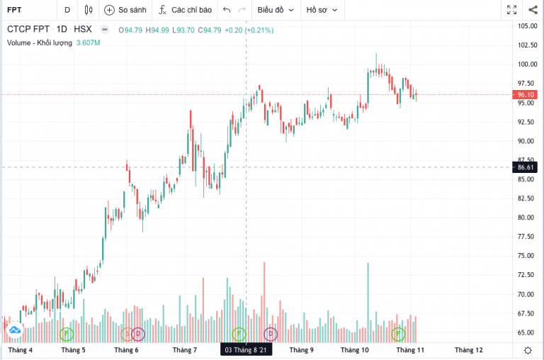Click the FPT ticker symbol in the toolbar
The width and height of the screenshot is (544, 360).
coord(14,10)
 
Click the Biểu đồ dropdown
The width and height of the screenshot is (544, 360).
coord(276,10)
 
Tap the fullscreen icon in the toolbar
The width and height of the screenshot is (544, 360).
coord(511,10)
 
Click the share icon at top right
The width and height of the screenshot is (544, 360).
coord(533,10)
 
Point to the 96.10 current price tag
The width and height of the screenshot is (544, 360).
coord(526,94)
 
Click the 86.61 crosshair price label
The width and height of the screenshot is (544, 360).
coord(526,167)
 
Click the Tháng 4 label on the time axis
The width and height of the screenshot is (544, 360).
coord(20,350)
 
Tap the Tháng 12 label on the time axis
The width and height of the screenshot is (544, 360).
coord(468,350)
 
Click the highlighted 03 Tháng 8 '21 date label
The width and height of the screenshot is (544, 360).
coord(245,350)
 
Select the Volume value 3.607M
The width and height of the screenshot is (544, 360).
coord(88,43)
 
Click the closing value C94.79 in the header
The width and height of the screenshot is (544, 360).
coord(210,30)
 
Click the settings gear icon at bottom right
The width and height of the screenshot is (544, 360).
coord(527,350)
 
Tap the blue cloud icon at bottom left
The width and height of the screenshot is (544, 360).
coord(14,330)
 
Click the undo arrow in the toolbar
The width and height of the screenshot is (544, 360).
coord(227,10)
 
